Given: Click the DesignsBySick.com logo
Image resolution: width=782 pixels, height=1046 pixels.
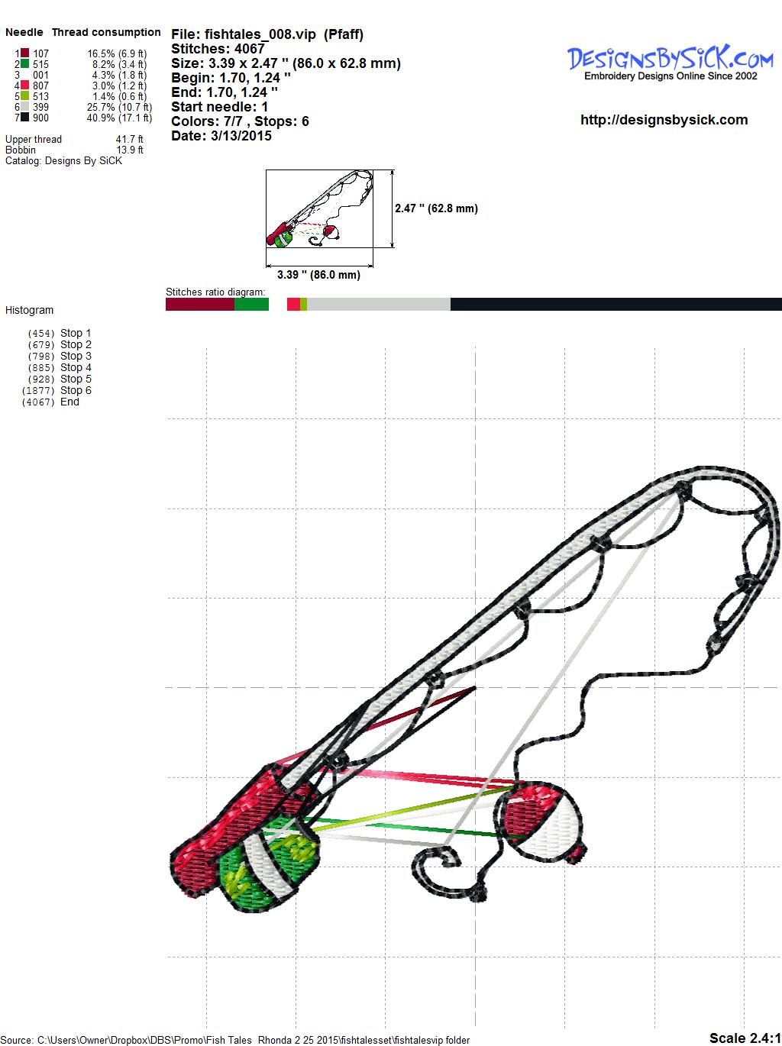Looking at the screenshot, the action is pos(671,63).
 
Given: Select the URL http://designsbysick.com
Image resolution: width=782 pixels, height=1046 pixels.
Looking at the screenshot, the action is pos(664,120).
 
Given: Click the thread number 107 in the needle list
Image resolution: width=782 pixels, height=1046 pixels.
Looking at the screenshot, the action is pos(41,54).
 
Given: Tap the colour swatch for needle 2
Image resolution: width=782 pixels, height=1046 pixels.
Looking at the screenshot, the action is pos(24,63).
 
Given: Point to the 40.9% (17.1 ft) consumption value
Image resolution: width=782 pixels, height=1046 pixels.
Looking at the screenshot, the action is pos(120,118).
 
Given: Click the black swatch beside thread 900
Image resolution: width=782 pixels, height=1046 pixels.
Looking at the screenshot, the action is pos(24,117).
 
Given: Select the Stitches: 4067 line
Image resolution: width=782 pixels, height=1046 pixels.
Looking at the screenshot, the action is pos(218,49).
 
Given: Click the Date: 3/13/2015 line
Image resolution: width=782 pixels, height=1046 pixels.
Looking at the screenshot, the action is pos(221,136).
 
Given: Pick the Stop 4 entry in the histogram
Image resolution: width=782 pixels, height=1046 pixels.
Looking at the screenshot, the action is pos(76,367).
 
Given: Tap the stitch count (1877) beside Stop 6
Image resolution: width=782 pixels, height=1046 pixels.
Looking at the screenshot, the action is pos(38,391).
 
